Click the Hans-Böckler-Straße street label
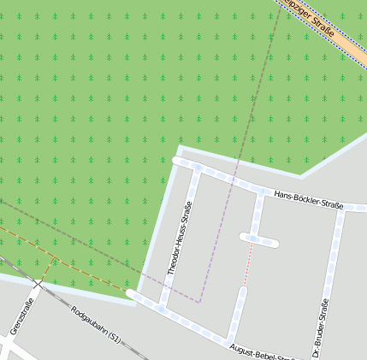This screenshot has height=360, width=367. (x=309, y=201)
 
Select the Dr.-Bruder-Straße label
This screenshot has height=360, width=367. (x=320, y=328)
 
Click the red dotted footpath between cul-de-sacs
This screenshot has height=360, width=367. (x=250, y=264)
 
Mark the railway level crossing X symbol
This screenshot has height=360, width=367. (x=38, y=283)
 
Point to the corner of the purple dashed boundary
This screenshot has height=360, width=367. (x=199, y=301)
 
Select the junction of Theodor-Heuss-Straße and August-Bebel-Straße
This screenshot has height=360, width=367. (x=163, y=308)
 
